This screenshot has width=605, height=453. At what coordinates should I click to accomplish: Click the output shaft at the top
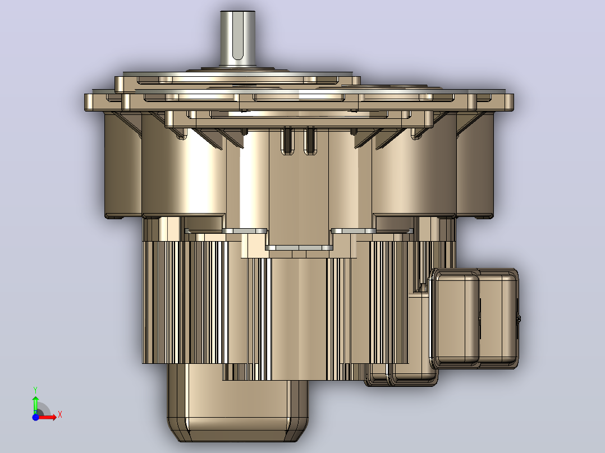(238, 39)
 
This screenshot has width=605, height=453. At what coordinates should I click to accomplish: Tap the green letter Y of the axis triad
(35, 390)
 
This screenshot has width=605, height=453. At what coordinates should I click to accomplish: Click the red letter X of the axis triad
(60, 415)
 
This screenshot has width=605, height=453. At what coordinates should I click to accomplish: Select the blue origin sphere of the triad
(35, 417)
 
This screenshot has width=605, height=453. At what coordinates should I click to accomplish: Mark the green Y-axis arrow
(35, 405)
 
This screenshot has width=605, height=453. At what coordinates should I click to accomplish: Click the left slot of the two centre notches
(287, 141)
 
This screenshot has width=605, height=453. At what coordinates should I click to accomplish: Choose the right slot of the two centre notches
(310, 141)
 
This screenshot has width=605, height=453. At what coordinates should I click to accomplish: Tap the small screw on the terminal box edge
(519, 318)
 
